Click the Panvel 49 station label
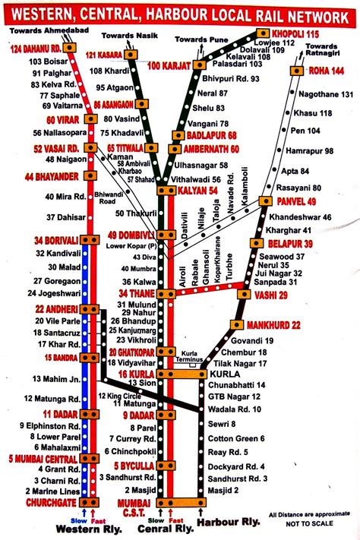[x=298, y=201]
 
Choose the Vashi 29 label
[x=272, y=294]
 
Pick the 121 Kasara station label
[x=106, y=55]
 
